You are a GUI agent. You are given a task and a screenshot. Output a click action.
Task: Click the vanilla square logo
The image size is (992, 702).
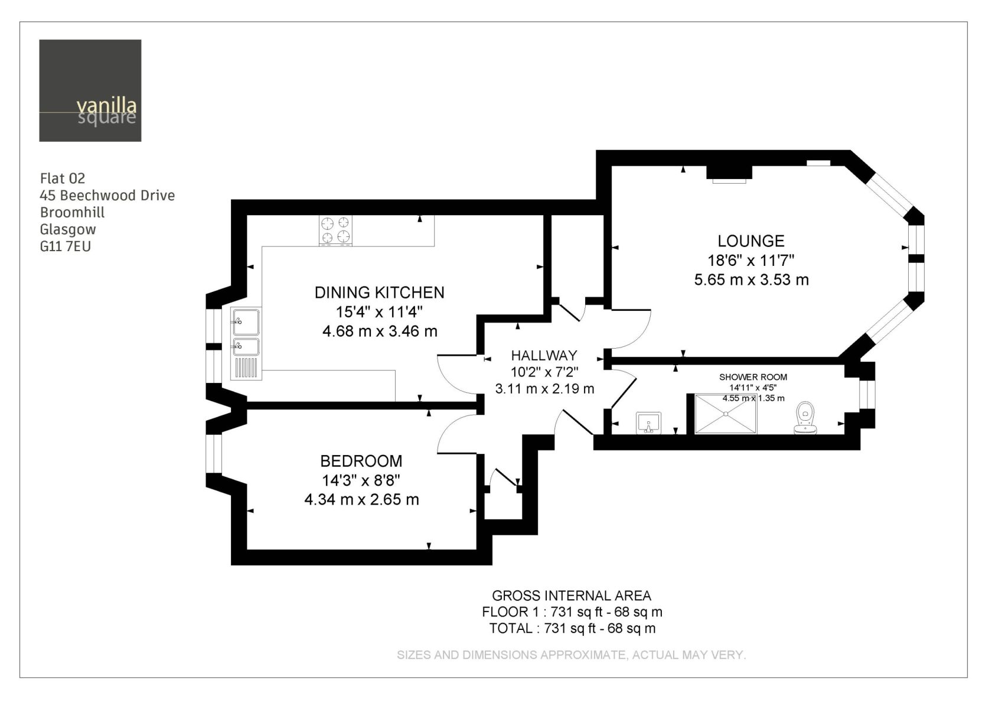(x=90, y=91)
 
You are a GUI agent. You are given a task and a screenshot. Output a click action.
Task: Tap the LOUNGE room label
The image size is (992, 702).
(x=751, y=241)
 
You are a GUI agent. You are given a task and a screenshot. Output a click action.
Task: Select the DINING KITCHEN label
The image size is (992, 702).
(x=380, y=292)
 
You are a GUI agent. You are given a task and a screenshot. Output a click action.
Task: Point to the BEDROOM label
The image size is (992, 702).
(x=361, y=461)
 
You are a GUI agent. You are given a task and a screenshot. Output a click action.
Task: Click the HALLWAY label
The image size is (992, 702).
(x=544, y=356)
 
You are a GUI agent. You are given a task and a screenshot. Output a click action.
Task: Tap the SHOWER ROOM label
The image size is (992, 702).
(x=753, y=377)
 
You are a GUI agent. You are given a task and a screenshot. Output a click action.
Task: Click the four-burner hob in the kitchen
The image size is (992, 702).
(x=335, y=230)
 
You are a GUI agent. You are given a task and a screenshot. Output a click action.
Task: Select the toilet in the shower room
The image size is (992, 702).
(x=805, y=417)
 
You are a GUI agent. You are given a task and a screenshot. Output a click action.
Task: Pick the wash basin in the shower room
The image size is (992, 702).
(x=649, y=423)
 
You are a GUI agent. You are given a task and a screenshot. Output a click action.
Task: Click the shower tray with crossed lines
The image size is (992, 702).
(x=726, y=414)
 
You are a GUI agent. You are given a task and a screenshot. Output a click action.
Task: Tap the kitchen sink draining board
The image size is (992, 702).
(x=246, y=368)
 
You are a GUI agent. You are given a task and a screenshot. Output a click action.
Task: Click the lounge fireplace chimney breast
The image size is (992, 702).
(x=729, y=172)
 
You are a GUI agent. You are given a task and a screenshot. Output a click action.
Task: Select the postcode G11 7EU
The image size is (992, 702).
(x=65, y=246)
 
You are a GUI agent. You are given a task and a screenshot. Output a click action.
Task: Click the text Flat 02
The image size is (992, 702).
(x=63, y=178)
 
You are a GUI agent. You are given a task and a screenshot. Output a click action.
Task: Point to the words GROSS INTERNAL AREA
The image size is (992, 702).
(x=572, y=595)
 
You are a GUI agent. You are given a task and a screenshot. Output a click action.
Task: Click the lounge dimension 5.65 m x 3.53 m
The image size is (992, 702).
(x=751, y=279)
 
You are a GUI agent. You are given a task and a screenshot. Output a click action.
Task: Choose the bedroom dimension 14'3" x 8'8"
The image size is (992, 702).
(x=361, y=480)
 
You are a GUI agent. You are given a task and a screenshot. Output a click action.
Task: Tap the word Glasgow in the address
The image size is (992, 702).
(x=68, y=229)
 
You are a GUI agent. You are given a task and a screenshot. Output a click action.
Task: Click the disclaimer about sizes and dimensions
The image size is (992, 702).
(x=572, y=655)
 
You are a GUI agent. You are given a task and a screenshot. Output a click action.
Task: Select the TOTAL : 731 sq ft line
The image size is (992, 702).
(x=572, y=628)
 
